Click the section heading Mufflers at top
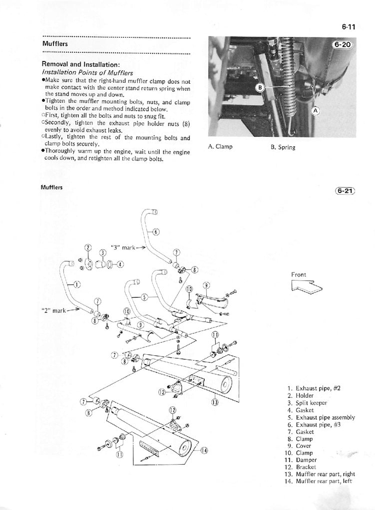pyautogui.click(x=55, y=44)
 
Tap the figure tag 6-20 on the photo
pyautogui.click(x=343, y=44)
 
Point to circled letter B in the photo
pyautogui.click(x=260, y=87)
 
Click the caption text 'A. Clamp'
pyautogui.click(x=220, y=147)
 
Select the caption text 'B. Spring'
pyautogui.click(x=283, y=147)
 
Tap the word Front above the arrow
pyautogui.click(x=299, y=274)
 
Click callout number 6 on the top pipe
pyautogui.click(x=156, y=231)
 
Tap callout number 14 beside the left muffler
pyautogui.click(x=204, y=451)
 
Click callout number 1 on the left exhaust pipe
pyautogui.click(x=76, y=285)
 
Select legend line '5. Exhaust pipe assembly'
pyautogui.click(x=321, y=417)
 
